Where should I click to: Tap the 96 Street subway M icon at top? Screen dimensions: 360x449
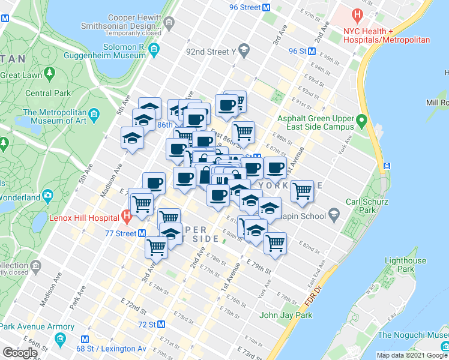coord(267,8)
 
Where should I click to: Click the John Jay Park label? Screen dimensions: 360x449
coord(286,315)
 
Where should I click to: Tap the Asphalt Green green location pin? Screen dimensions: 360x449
coord(361,122)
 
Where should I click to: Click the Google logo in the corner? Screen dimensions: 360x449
coord(19,353)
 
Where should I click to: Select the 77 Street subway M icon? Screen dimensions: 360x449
coord(142,233)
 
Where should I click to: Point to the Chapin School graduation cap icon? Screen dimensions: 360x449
coord(334,215)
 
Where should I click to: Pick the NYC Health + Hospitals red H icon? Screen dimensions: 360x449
coord(358,14)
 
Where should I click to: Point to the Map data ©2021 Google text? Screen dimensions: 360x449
coord(412,355)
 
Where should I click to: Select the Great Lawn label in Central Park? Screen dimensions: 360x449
coord(22,76)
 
